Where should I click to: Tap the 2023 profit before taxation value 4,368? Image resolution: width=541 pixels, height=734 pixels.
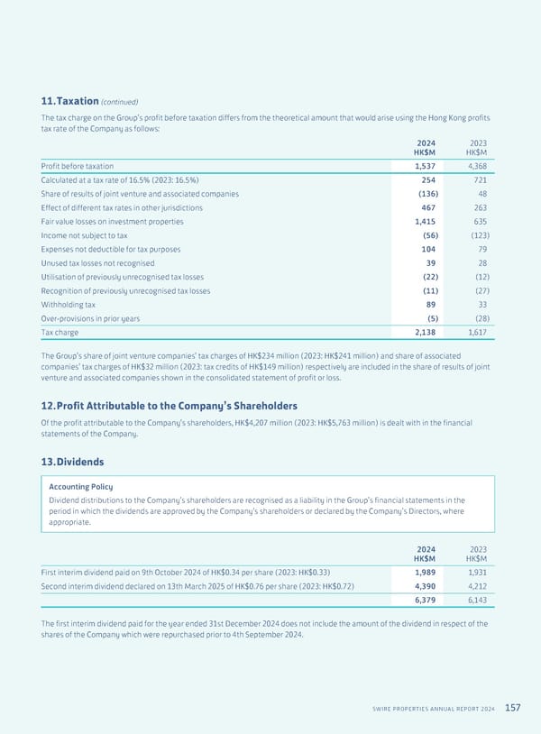[x=477, y=166]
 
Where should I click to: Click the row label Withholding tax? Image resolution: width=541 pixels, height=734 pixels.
[x=69, y=305]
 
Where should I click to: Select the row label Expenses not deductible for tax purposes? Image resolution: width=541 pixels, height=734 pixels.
[x=111, y=249]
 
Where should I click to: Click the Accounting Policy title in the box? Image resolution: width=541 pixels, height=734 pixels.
[x=80, y=487]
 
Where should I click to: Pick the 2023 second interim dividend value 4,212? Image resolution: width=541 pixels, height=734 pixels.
[x=477, y=586]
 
